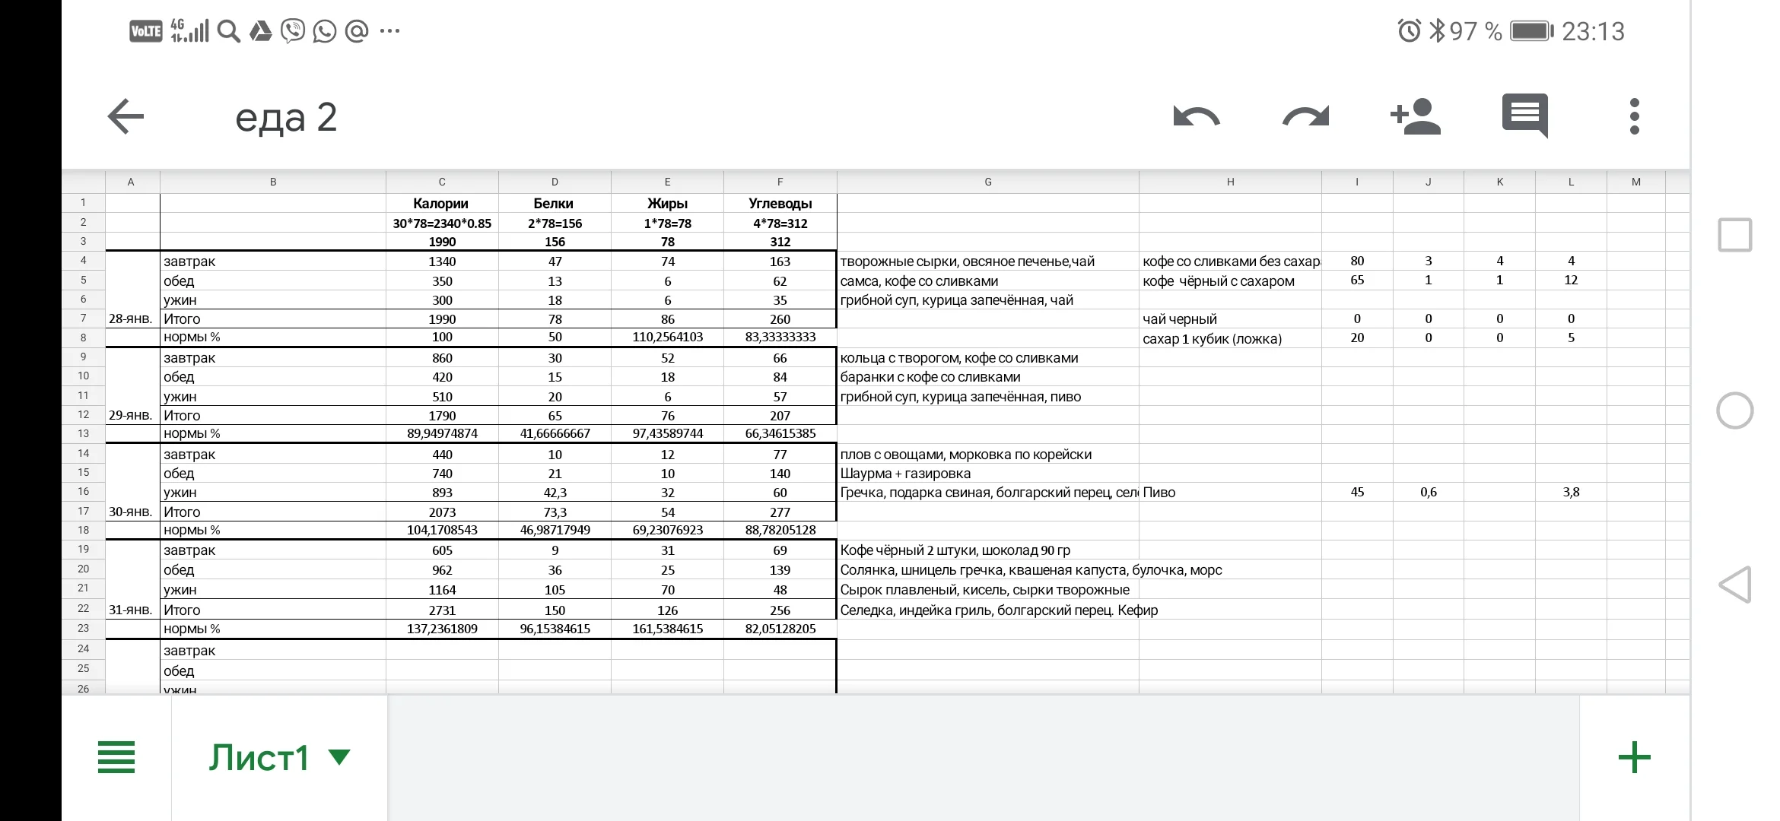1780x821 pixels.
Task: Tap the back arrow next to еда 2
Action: (126, 117)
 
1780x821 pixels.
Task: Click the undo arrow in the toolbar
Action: (1196, 117)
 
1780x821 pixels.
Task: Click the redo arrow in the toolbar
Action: (1305, 117)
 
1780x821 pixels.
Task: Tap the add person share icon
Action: (1415, 117)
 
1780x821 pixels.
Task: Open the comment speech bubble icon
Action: (1524, 116)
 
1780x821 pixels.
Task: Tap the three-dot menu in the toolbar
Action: (1634, 117)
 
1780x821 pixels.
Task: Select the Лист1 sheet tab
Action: (259, 758)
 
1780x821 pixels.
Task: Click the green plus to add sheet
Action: (1634, 758)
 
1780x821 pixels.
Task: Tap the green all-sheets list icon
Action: (116, 758)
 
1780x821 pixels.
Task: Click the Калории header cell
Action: (441, 204)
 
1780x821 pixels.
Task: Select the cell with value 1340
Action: (442, 262)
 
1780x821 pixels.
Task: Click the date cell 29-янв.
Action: (131, 415)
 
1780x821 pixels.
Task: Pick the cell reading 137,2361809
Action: (442, 629)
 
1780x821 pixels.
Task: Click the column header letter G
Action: (987, 182)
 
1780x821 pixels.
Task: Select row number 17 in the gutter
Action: (83, 511)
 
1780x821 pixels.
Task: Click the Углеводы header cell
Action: (780, 204)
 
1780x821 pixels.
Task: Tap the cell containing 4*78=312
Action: (780, 223)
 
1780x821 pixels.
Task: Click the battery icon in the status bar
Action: (1531, 31)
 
